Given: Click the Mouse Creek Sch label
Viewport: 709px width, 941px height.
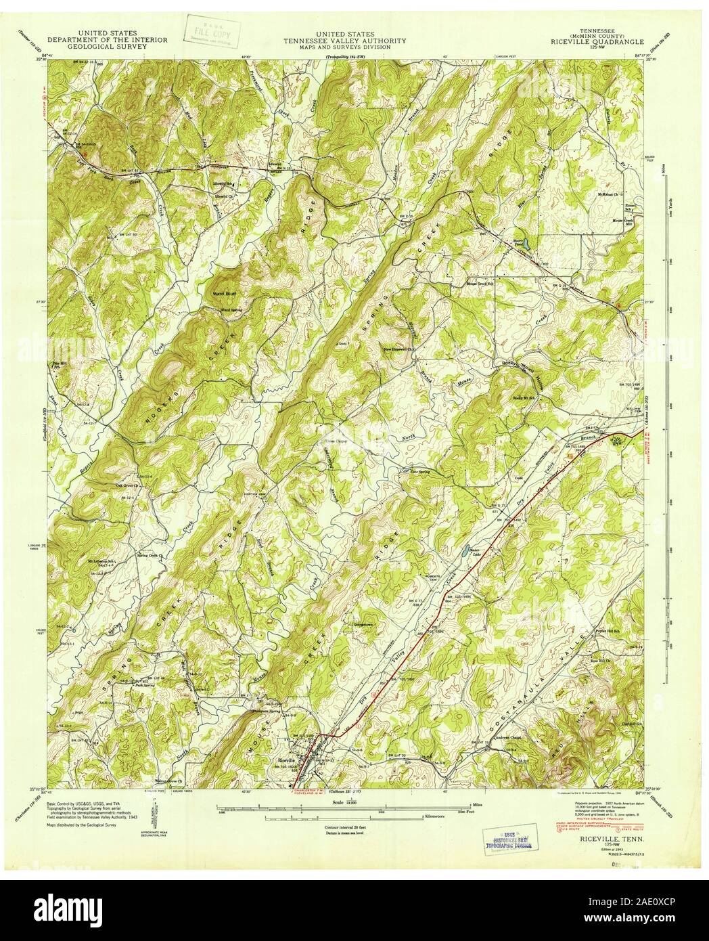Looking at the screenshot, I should pos(463,284).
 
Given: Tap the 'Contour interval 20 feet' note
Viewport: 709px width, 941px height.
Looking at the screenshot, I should pos(354,828).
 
